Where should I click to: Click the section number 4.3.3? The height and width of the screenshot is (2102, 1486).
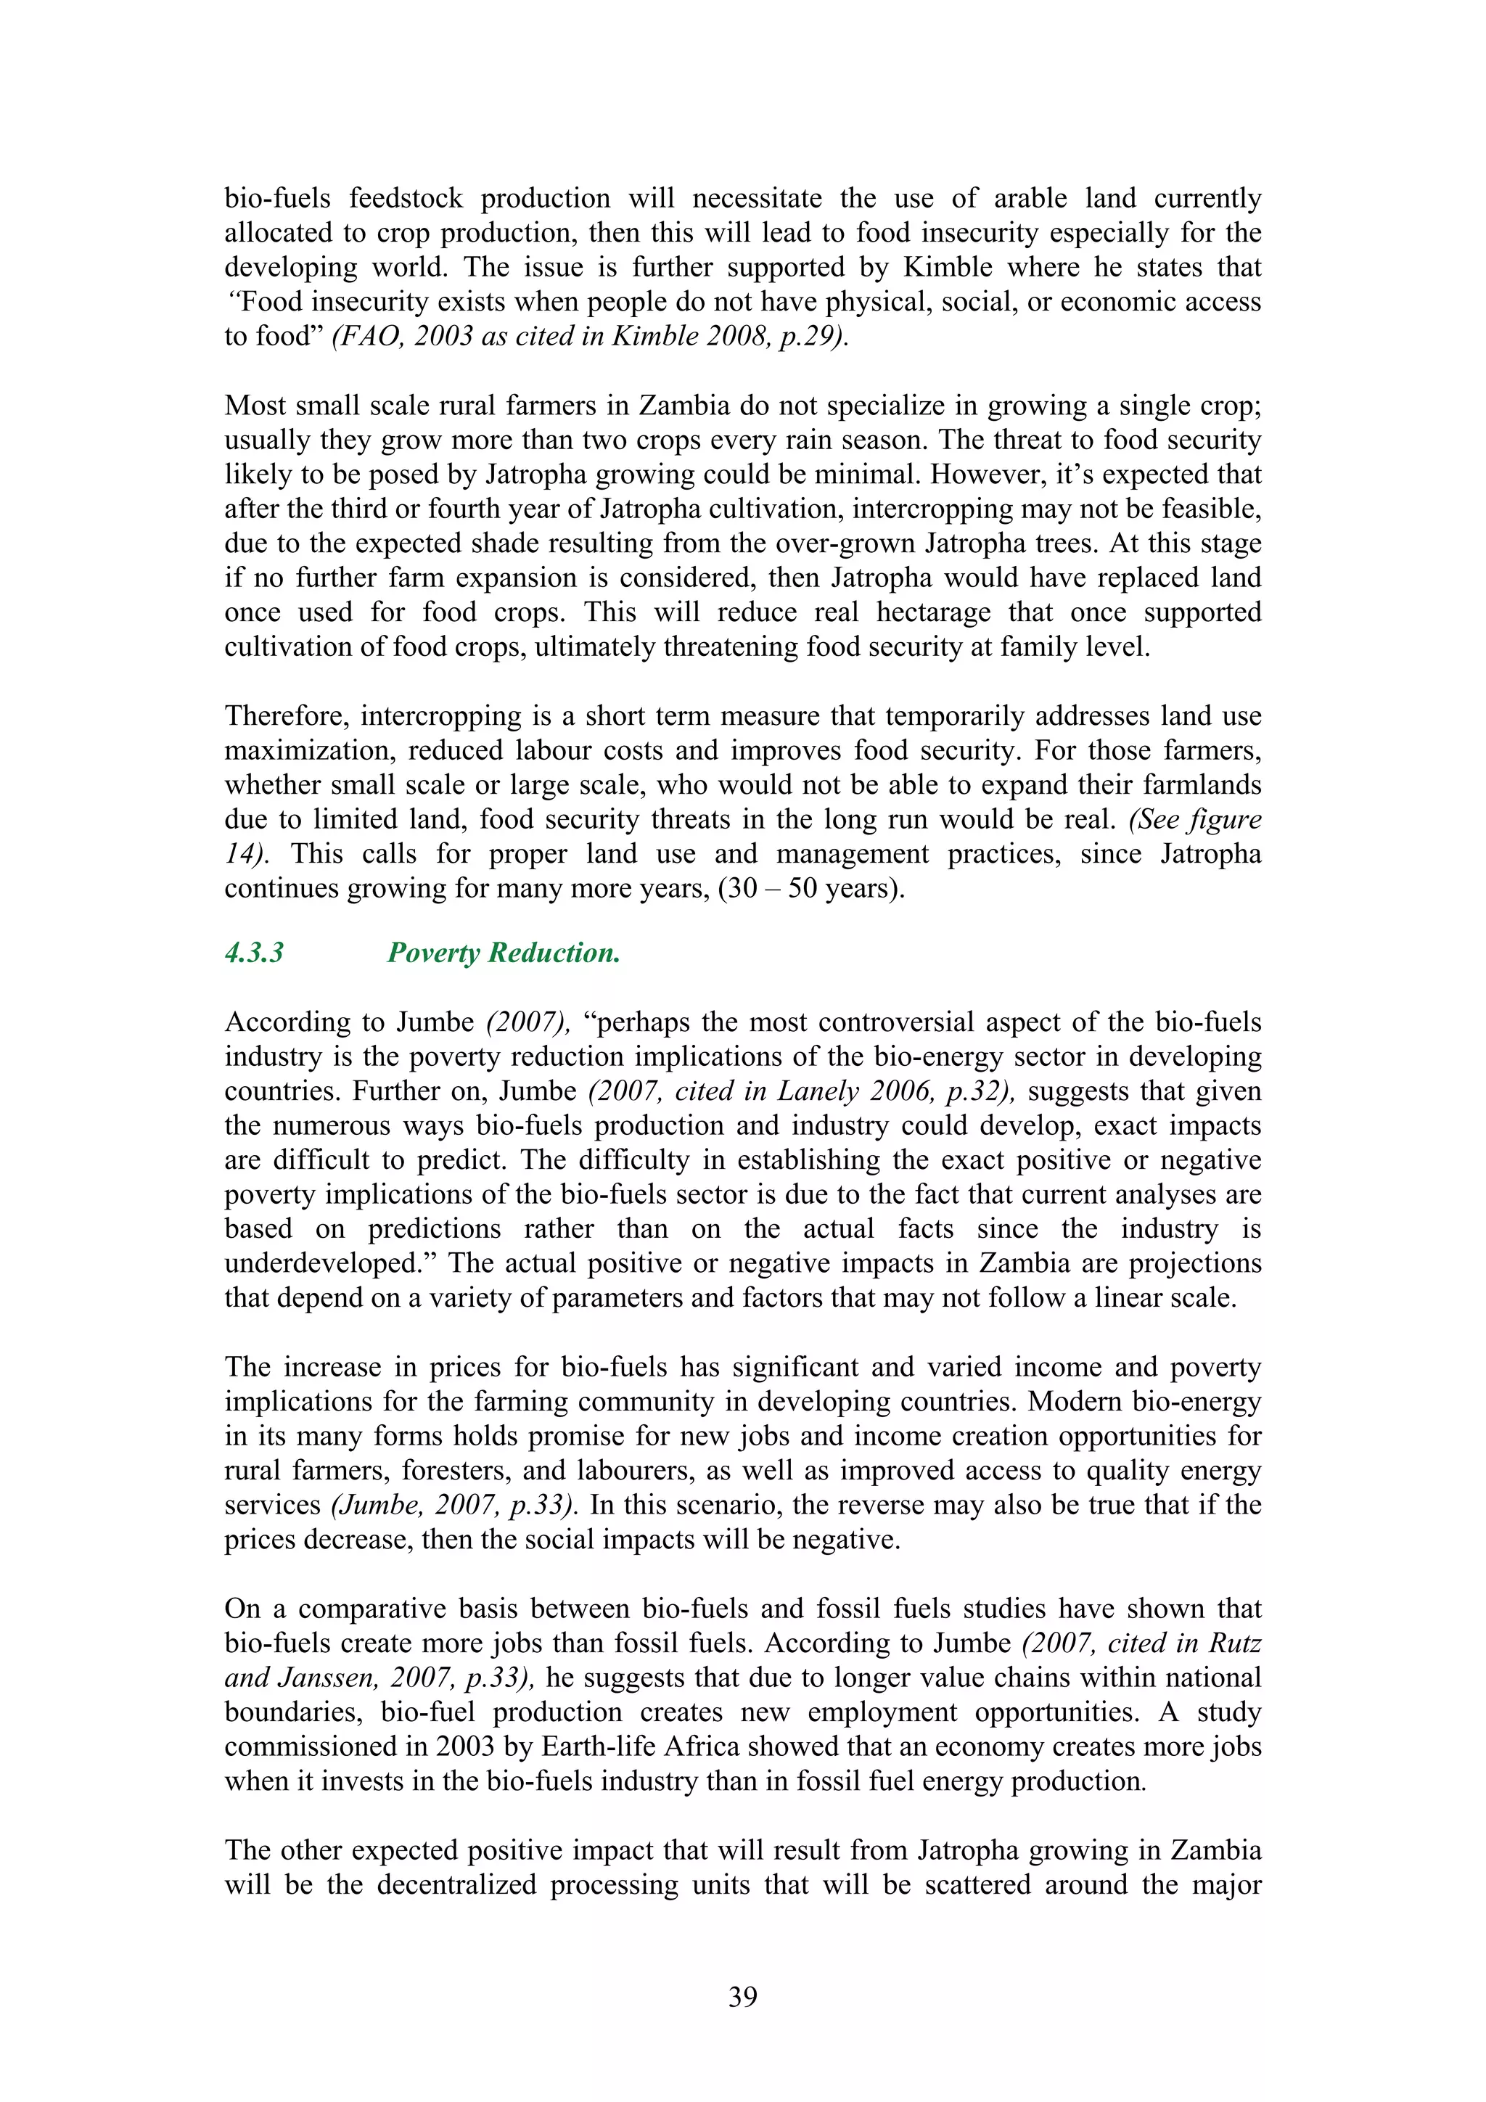(254, 953)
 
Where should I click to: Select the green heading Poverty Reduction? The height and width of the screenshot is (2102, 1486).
(504, 953)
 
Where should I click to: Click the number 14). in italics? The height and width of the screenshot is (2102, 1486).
(246, 854)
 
